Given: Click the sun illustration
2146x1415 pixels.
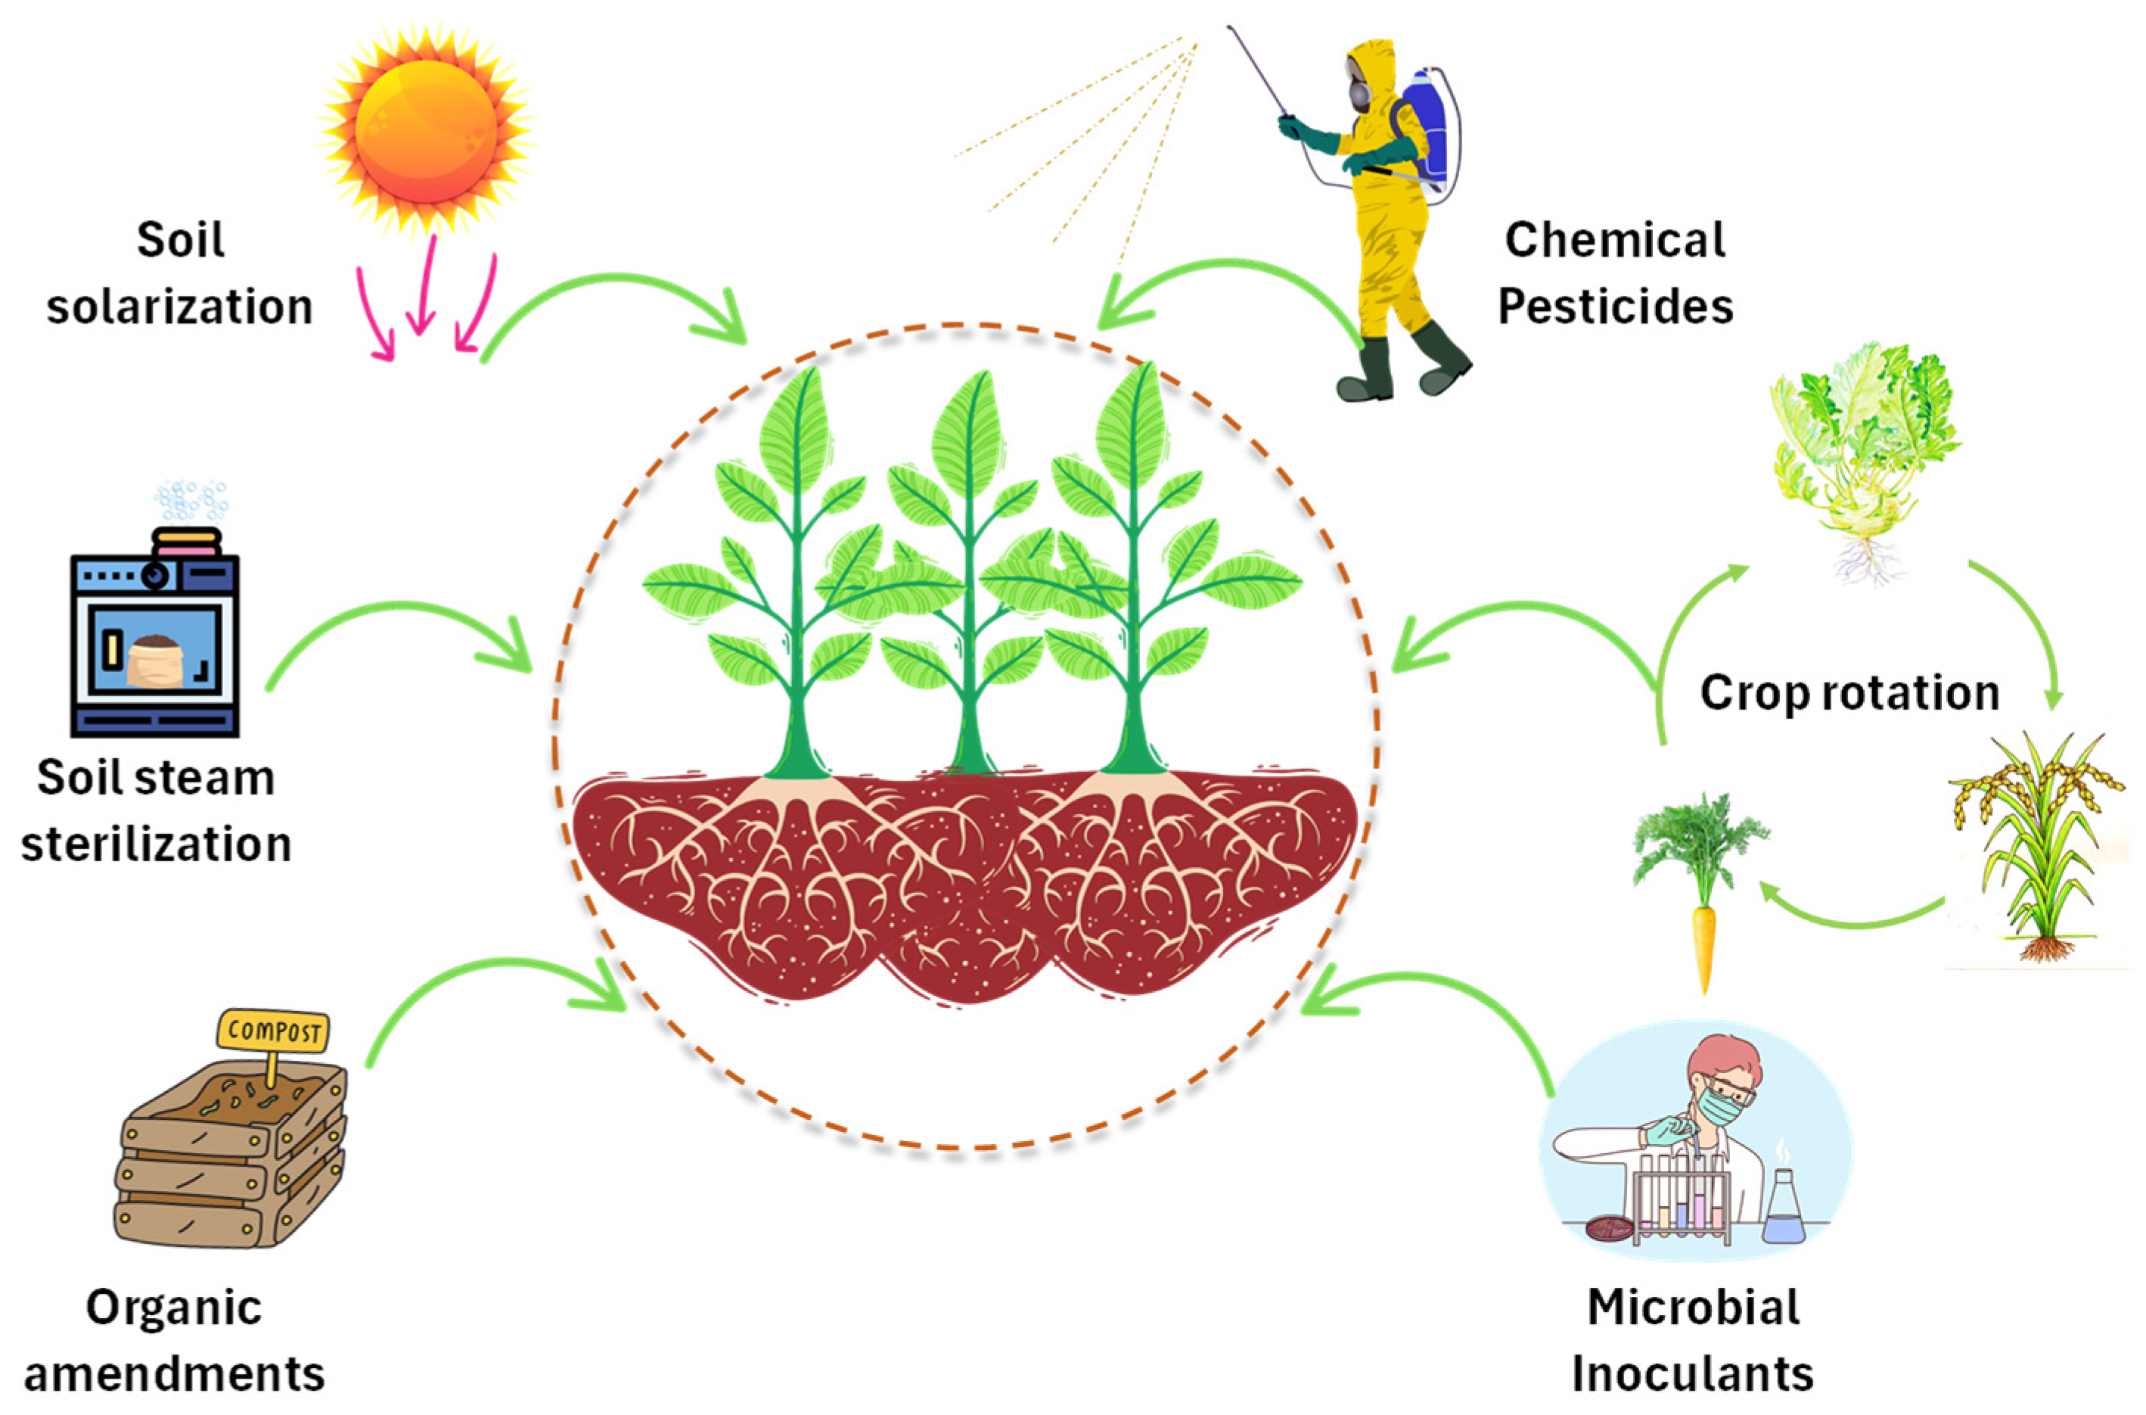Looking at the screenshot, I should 425,132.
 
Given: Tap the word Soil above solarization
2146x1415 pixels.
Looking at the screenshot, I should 181,240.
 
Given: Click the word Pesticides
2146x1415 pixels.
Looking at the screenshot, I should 1615,306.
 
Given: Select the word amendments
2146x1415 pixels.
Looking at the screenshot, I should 174,1373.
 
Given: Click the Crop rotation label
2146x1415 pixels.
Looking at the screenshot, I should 1849,693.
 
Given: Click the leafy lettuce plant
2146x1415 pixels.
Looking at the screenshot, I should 1863,451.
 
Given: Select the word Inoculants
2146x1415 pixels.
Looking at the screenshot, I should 1692,1373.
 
